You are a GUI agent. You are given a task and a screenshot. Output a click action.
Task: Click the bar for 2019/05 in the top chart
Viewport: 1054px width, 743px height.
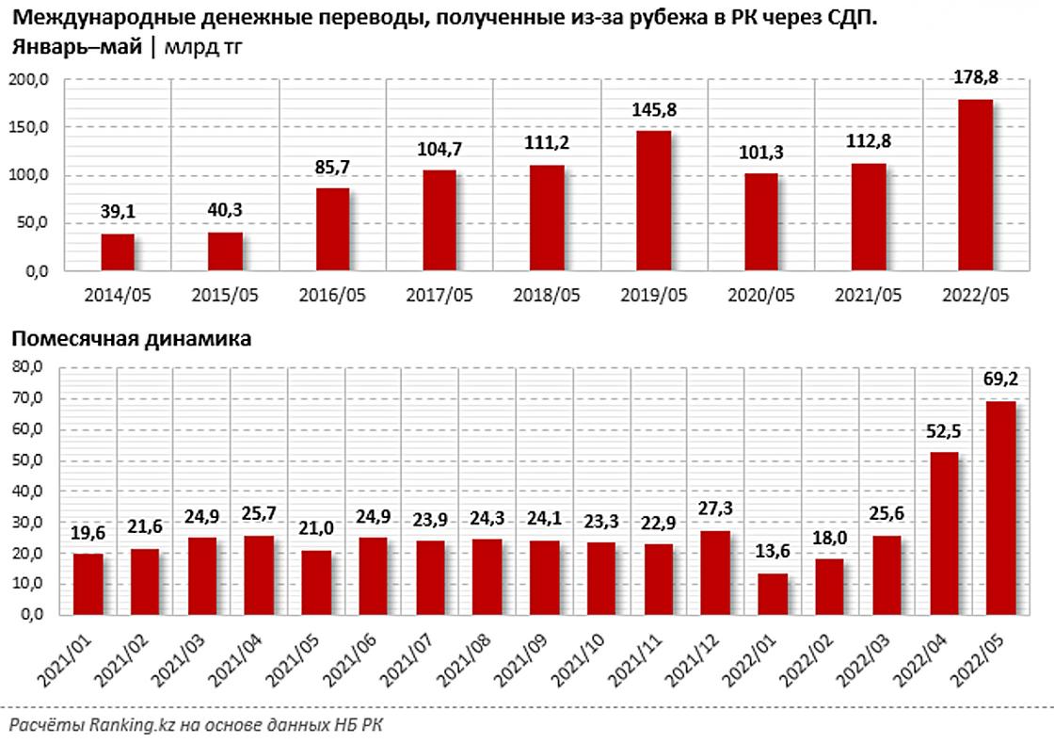[x=654, y=201]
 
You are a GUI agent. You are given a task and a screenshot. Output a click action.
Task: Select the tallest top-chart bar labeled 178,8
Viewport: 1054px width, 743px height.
[x=975, y=185]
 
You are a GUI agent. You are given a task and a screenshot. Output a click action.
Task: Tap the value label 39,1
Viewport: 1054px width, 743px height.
[x=118, y=214]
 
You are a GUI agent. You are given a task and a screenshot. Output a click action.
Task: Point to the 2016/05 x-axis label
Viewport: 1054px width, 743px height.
[x=332, y=296]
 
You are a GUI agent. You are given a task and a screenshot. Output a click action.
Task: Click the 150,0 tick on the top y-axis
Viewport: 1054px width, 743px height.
[x=35, y=127]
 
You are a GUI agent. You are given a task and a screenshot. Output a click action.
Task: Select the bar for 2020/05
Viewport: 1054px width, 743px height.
[x=760, y=222]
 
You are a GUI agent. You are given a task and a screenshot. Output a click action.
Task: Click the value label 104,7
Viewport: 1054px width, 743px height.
[x=439, y=150]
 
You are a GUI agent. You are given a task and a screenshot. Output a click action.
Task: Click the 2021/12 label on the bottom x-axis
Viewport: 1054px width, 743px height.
[x=692, y=659]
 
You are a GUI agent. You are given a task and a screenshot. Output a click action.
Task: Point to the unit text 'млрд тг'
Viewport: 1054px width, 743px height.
[x=201, y=48]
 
